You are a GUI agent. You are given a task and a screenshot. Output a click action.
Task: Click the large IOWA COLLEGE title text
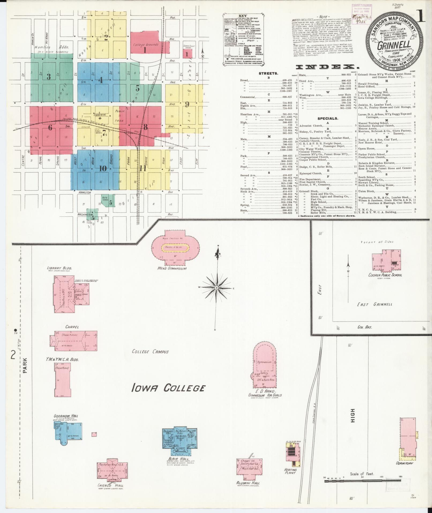pyautogui.click(x=169, y=388)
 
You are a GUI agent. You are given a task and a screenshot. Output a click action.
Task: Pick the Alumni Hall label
pyautogui.click(x=248, y=483)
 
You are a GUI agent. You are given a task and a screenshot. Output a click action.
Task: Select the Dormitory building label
pyautogui.click(x=404, y=463)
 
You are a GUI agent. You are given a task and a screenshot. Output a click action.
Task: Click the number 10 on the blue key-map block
pyautogui.click(x=103, y=169)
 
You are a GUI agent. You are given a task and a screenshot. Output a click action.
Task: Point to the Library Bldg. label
pyautogui.click(x=59, y=268)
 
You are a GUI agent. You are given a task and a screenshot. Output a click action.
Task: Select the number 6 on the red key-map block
pyautogui.click(x=50, y=128)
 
